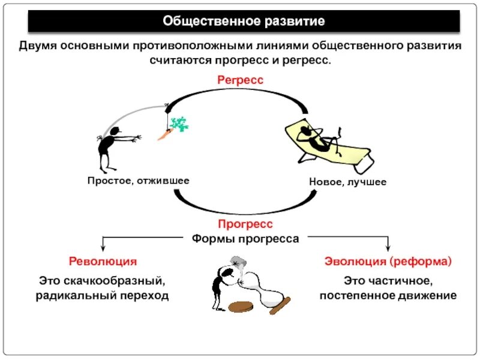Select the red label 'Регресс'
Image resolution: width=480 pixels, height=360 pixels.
click(241, 80)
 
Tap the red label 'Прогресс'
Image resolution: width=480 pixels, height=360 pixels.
click(245, 224)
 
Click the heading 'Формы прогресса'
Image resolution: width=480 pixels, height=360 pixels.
click(245, 238)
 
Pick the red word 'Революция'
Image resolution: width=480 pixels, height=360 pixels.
click(103, 262)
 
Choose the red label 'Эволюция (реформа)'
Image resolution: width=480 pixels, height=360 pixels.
click(388, 262)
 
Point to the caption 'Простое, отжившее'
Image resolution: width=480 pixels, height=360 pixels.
click(139, 181)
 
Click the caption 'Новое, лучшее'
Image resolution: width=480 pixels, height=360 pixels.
click(348, 182)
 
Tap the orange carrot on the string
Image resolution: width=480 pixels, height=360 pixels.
click(164, 134)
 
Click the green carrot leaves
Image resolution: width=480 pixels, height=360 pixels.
click(178, 124)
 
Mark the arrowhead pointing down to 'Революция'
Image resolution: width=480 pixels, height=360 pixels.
click(103, 247)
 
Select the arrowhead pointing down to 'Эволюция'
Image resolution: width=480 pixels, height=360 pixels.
click(388, 247)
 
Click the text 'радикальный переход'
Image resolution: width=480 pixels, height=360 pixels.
click(102, 295)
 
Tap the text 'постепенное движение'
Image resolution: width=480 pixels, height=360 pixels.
click(388, 295)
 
